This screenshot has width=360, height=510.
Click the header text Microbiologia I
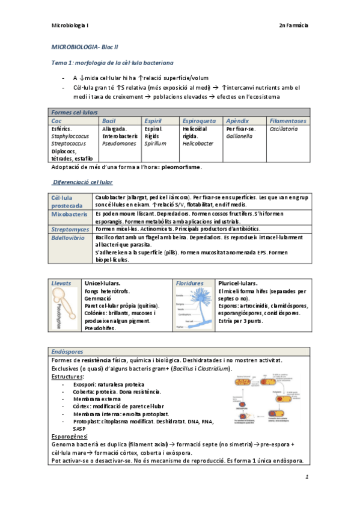pyautogui.click(x=70, y=25)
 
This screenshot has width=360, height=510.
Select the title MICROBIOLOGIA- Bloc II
pyautogui.click(x=84, y=46)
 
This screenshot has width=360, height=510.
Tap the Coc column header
pyautogui.click(x=57, y=121)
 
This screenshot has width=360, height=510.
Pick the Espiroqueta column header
pyautogui.click(x=200, y=121)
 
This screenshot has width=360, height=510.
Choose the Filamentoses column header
pyautogui.click(x=288, y=121)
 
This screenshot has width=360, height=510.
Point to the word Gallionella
pyautogui.click(x=240, y=137)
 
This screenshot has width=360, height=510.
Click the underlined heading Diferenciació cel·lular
pyautogui.click(x=83, y=182)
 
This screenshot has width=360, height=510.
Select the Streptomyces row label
pyautogui.click(x=70, y=229)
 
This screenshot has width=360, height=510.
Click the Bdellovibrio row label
pyautogui.click(x=68, y=238)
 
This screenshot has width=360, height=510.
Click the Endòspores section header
pyautogui.click(x=69, y=351)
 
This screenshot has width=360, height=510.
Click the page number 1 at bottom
pyautogui.click(x=307, y=478)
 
